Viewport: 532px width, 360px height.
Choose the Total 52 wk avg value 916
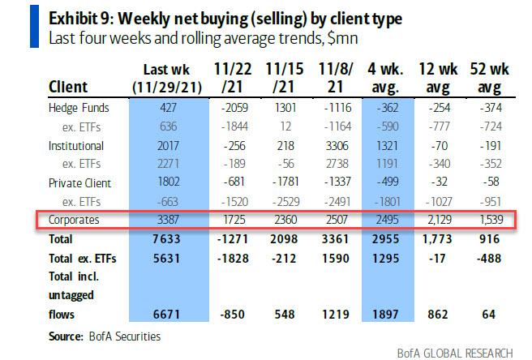click(491, 239)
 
